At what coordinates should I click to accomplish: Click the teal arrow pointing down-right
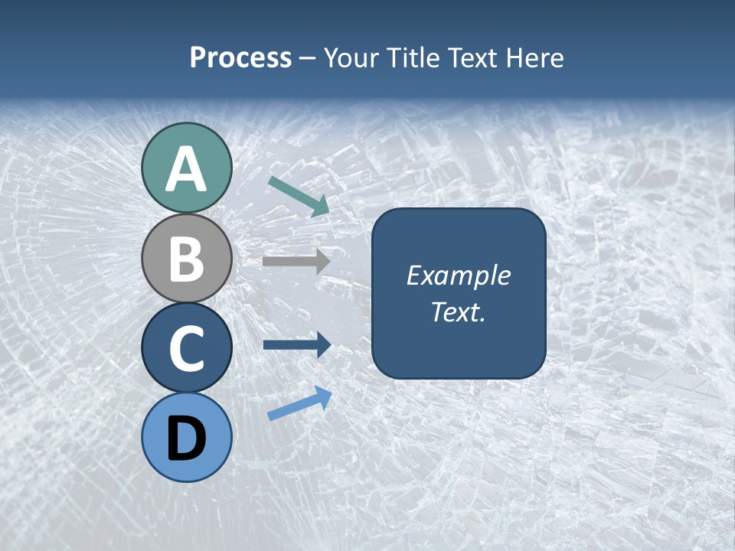(x=299, y=195)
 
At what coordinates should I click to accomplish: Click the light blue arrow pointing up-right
(x=299, y=403)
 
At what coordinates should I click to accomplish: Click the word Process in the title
(x=240, y=57)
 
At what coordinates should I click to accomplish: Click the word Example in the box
(x=458, y=275)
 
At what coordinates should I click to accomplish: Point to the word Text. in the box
(x=458, y=311)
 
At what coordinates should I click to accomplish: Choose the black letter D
(x=186, y=439)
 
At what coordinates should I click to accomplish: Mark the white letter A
(x=186, y=170)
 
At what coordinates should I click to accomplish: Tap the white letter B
(x=186, y=259)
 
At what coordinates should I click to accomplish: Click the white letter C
(x=186, y=348)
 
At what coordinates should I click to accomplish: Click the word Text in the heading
(x=472, y=57)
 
